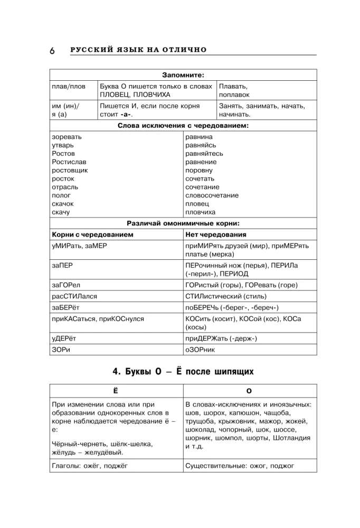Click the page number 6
coord(52,51)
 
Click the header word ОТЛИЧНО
coord(185,50)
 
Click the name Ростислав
coord(69,162)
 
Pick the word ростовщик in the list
coord(70,171)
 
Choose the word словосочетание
coord(212,195)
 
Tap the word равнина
coord(199,137)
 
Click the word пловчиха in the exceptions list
coord(200,212)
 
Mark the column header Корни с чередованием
coord(92,234)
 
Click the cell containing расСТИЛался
coord(74,296)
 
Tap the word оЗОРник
coord(200,350)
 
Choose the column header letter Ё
coord(116,390)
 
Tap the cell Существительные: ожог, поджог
coord(240,466)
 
